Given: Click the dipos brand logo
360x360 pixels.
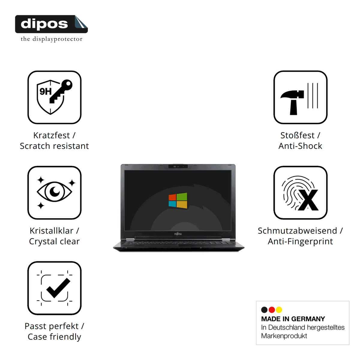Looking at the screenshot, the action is point(51,24).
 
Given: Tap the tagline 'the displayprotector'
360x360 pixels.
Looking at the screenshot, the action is point(52,39).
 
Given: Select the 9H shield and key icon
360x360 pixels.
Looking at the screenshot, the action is point(54,97).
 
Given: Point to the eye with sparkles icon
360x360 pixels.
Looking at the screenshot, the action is point(54,193).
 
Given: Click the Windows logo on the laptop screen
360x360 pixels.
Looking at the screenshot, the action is point(178,200).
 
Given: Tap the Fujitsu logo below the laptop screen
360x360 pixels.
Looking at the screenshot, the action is point(178,234).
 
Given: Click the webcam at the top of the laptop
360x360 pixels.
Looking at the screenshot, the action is point(178,166).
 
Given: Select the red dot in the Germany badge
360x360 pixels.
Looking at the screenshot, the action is point(271,310).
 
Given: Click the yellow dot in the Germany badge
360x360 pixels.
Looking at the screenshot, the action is point(279,310).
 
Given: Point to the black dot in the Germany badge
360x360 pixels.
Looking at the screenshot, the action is point(264,310).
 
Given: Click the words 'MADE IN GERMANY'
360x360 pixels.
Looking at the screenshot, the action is point(293,319).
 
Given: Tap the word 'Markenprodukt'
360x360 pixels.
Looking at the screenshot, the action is point(284,336).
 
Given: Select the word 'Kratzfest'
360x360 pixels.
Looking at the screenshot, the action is point(51,135).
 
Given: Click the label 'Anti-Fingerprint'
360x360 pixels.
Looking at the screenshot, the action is point(300,241).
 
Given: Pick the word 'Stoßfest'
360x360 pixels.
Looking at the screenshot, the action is point(297,135).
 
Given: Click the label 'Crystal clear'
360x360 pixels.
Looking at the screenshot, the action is point(54,241).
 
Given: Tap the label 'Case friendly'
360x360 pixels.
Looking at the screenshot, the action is point(54,337).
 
